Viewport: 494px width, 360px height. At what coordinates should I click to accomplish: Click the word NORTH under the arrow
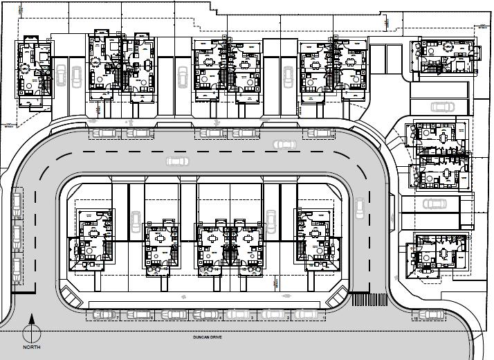click(32, 347)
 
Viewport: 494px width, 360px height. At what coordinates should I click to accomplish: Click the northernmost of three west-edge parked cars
click(17, 203)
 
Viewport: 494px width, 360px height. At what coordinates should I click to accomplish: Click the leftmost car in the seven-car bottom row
click(104, 314)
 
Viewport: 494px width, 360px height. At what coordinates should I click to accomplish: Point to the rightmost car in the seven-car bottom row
click(307, 314)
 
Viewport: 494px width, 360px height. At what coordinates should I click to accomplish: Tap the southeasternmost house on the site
click(435, 255)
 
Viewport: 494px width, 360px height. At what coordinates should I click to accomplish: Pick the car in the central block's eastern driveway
click(271, 221)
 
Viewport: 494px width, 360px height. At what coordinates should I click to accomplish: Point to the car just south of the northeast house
click(443, 107)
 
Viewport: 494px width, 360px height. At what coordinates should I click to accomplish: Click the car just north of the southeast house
click(434, 204)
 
